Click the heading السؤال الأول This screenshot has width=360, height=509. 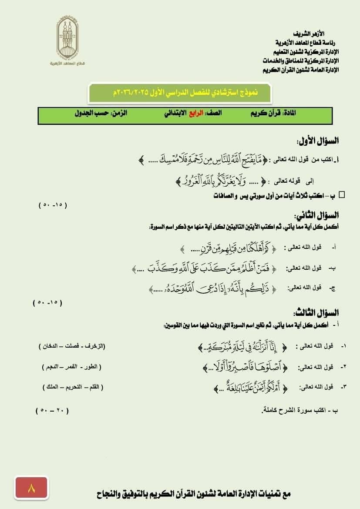point(317,141)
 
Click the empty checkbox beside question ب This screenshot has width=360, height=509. point(342,195)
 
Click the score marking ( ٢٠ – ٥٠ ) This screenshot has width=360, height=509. point(52,410)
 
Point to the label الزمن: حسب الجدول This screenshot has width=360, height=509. point(101,113)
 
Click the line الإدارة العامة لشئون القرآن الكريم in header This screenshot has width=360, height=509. point(300,70)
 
